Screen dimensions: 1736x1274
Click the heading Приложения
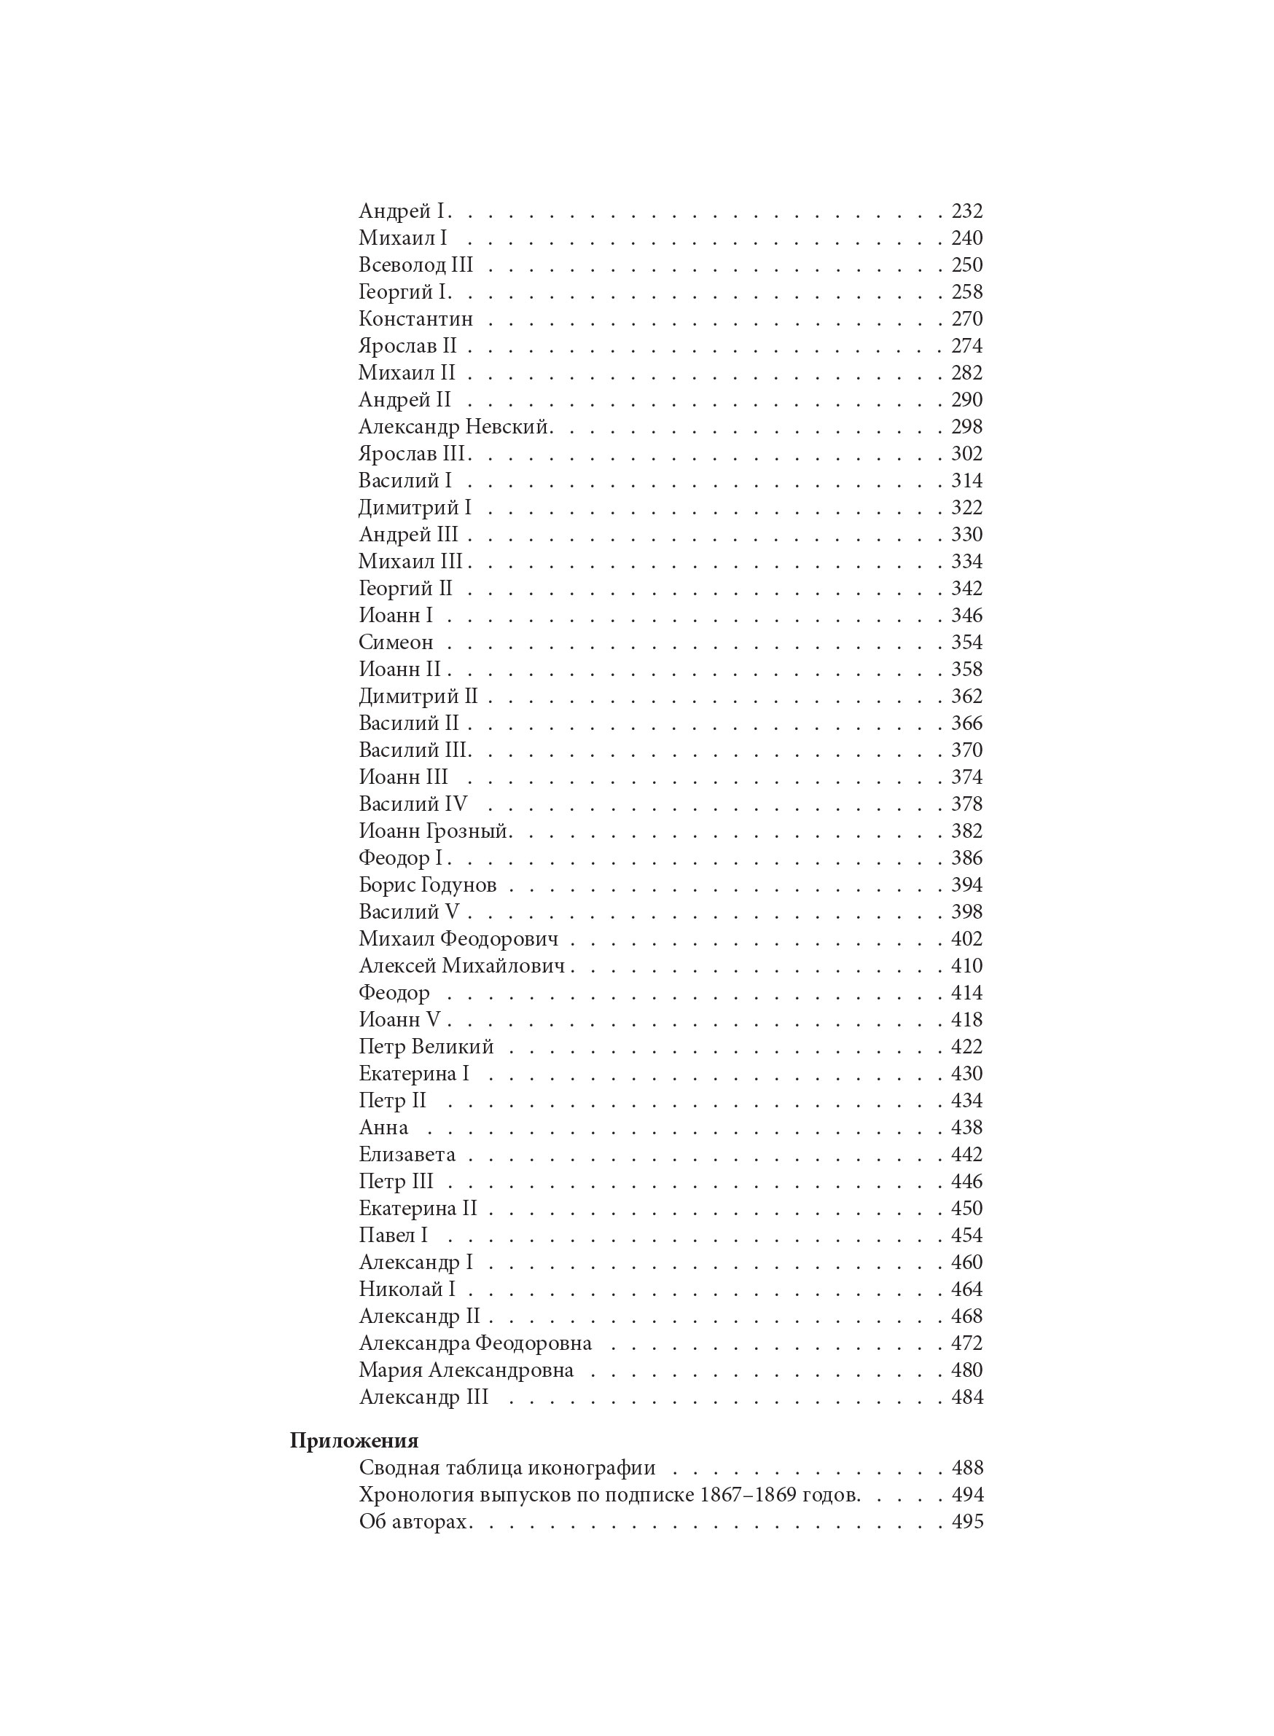(354, 1441)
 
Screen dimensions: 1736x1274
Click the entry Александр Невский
(454, 427)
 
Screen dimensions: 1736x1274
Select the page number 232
(966, 211)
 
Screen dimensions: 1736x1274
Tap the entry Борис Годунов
(427, 885)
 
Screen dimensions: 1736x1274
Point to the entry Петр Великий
(426, 1047)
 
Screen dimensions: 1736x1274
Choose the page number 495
(967, 1522)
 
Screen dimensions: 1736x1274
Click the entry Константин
(415, 319)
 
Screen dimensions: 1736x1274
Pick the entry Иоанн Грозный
(434, 831)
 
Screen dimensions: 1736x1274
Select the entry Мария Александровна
(466, 1370)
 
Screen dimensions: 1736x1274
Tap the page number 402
(966, 939)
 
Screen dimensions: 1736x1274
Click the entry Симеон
(396, 642)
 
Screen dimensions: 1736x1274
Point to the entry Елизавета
(407, 1155)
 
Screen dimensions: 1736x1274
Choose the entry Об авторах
(413, 1522)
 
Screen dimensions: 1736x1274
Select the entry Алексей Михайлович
(461, 966)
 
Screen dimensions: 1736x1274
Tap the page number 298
(966, 427)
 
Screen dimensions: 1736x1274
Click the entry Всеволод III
(415, 265)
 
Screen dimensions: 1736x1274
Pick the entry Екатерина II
(418, 1208)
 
